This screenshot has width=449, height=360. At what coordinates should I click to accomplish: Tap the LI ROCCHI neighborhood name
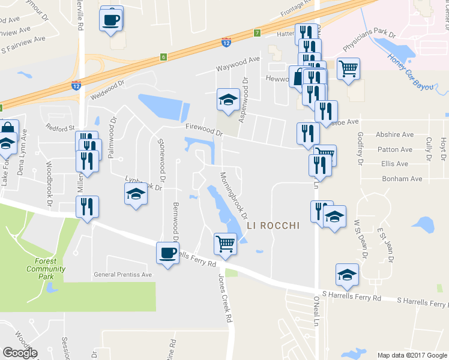[273, 226]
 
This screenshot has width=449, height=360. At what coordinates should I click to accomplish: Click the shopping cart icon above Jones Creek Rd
[225, 244]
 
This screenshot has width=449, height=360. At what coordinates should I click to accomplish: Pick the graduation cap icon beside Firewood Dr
[228, 100]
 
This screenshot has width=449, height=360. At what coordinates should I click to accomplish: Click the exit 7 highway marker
[257, 32]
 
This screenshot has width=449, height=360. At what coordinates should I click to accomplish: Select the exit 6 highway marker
[163, 57]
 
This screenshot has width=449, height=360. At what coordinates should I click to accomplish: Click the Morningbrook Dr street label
[234, 195]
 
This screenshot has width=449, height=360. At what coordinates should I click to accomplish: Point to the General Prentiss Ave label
[123, 275]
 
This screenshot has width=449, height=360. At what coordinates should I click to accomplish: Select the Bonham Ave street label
[402, 179]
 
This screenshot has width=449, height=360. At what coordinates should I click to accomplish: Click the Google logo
[20, 353]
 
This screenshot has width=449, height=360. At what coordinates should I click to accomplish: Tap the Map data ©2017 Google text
[411, 355]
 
